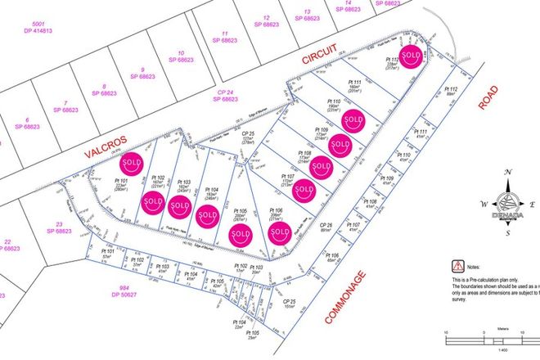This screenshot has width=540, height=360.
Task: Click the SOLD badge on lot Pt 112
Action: click(412, 56)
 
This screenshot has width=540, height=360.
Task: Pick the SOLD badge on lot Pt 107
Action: click(304, 191)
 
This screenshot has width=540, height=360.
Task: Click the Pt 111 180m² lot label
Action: click(354, 88)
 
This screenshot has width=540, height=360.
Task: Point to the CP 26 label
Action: click(325, 227)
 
